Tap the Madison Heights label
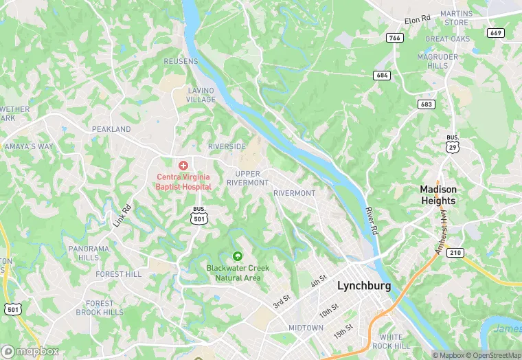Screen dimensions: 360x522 point(438,195)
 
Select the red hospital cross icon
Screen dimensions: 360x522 point(183,166)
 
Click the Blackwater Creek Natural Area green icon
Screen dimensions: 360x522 point(238,256)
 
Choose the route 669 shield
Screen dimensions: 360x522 point(495,32)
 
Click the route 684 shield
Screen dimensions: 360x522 point(382,74)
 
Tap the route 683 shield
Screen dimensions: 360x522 point(427,104)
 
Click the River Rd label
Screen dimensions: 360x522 point(372,218)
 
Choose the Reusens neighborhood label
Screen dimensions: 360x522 point(181,61)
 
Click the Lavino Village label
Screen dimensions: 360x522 point(201,95)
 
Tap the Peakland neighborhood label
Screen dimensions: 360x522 point(111,129)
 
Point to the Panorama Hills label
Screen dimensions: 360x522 point(88,253)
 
